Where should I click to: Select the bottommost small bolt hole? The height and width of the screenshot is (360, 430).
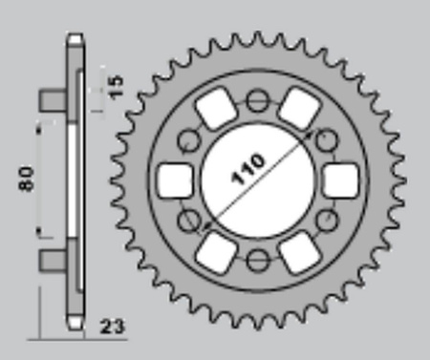point(257,260)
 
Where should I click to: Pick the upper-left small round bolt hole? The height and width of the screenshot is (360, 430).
point(188,138)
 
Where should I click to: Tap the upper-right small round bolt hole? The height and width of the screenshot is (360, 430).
point(328,138)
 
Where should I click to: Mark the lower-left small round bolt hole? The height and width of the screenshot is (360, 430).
point(188,220)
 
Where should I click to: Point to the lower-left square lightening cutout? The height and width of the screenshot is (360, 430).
point(217,250)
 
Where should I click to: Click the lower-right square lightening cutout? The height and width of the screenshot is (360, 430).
point(299,250)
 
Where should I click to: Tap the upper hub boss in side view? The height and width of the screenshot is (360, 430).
point(52,99)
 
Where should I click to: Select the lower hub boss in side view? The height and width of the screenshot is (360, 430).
point(52,258)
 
